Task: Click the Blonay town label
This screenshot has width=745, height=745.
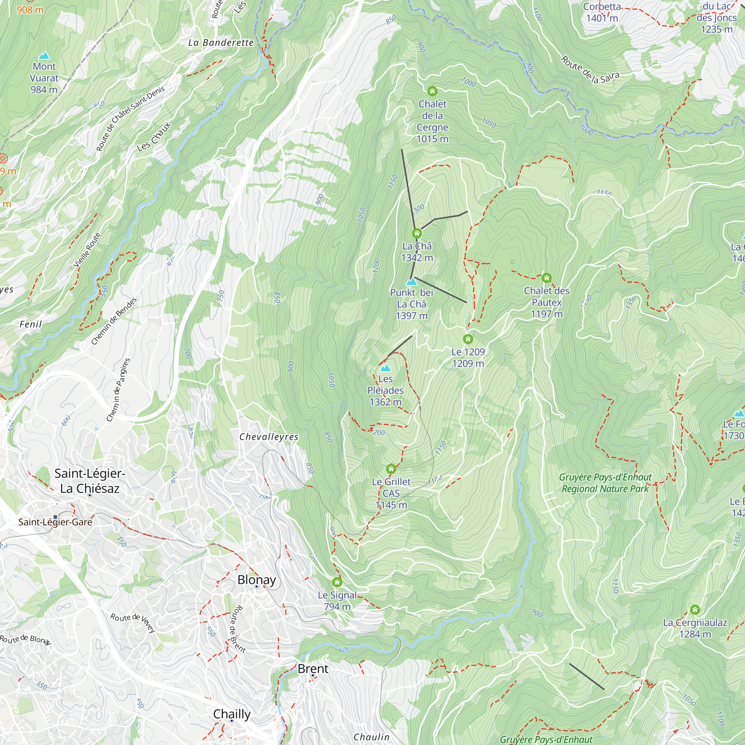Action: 256,580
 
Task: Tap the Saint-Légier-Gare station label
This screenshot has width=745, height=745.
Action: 55,522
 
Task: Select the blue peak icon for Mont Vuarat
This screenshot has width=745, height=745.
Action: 44,56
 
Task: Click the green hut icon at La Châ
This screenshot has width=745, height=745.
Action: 417,233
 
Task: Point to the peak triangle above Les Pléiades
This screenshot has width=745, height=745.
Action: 385,368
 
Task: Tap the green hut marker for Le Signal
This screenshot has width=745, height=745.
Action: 337,582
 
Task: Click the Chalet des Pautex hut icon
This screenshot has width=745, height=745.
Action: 546,278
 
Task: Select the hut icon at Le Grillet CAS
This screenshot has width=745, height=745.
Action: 391,469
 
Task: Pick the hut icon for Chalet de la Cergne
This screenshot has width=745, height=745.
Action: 432,91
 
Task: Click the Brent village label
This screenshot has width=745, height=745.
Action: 313,669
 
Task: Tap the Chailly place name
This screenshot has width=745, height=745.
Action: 232,714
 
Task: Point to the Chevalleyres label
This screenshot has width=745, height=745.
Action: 269,437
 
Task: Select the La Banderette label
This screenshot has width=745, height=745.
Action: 221,43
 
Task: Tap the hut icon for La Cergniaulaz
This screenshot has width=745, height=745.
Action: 695,610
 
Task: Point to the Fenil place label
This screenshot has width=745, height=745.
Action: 31,324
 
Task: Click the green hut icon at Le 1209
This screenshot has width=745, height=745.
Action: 468,339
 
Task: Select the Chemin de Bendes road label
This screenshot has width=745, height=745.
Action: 114,321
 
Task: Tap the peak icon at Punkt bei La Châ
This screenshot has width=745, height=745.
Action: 412,282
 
